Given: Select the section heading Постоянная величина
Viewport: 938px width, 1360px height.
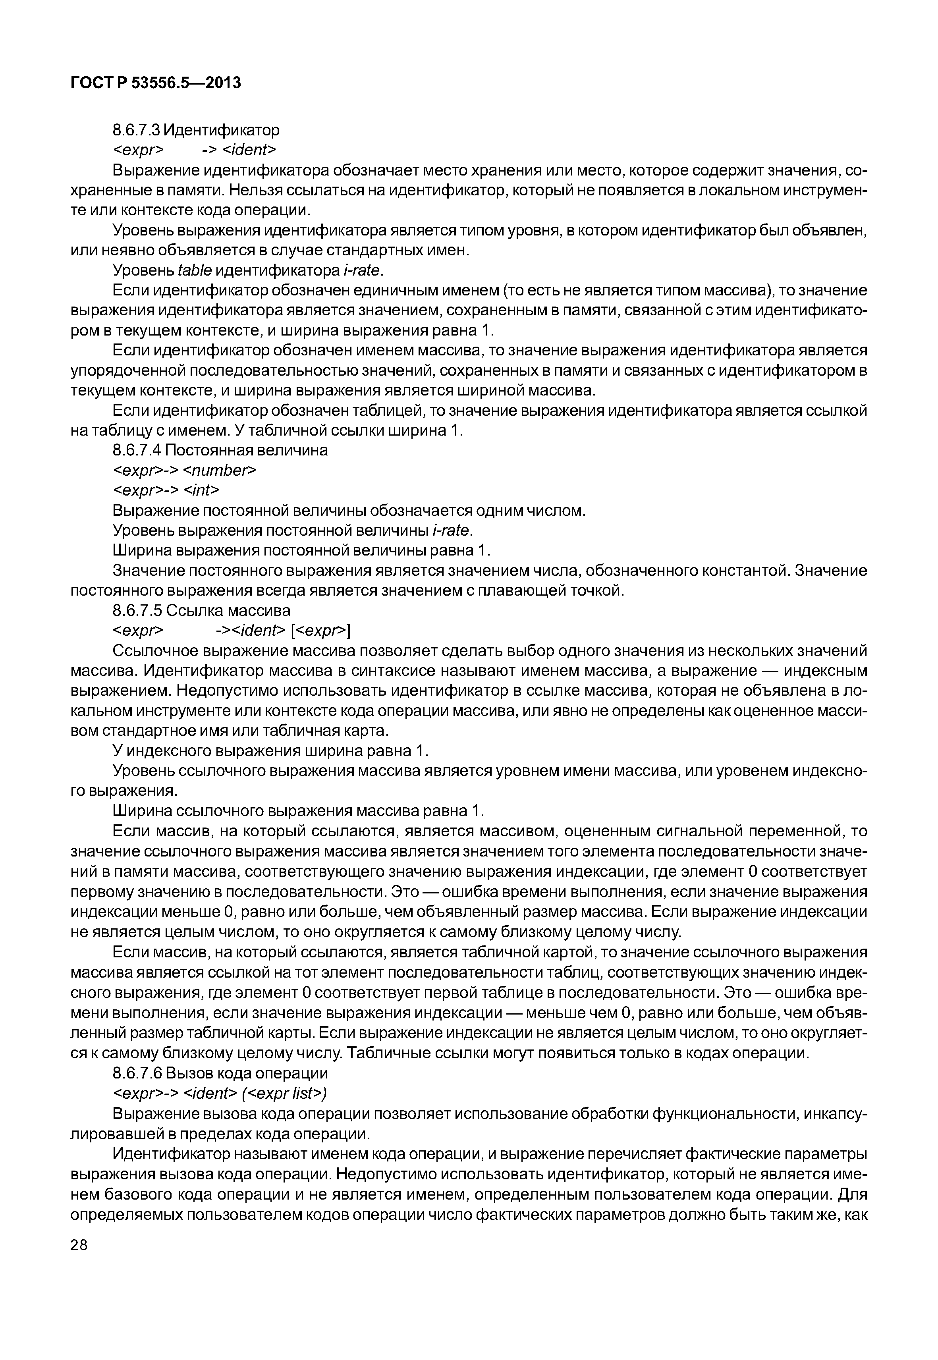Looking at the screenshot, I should pos(247,450).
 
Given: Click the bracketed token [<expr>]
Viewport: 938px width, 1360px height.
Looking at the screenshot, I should pos(320,631).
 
